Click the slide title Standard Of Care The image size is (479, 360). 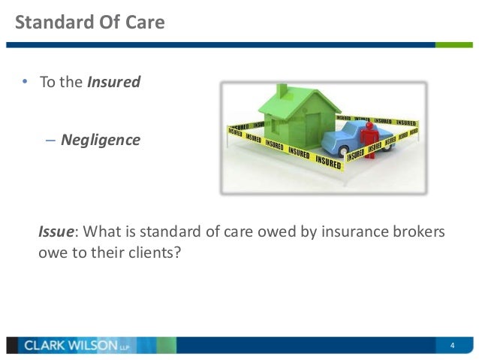90,22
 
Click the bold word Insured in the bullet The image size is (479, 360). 113,82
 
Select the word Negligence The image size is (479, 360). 100,140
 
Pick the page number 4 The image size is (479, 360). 453,346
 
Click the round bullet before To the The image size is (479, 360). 24,82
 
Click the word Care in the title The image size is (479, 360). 146,22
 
